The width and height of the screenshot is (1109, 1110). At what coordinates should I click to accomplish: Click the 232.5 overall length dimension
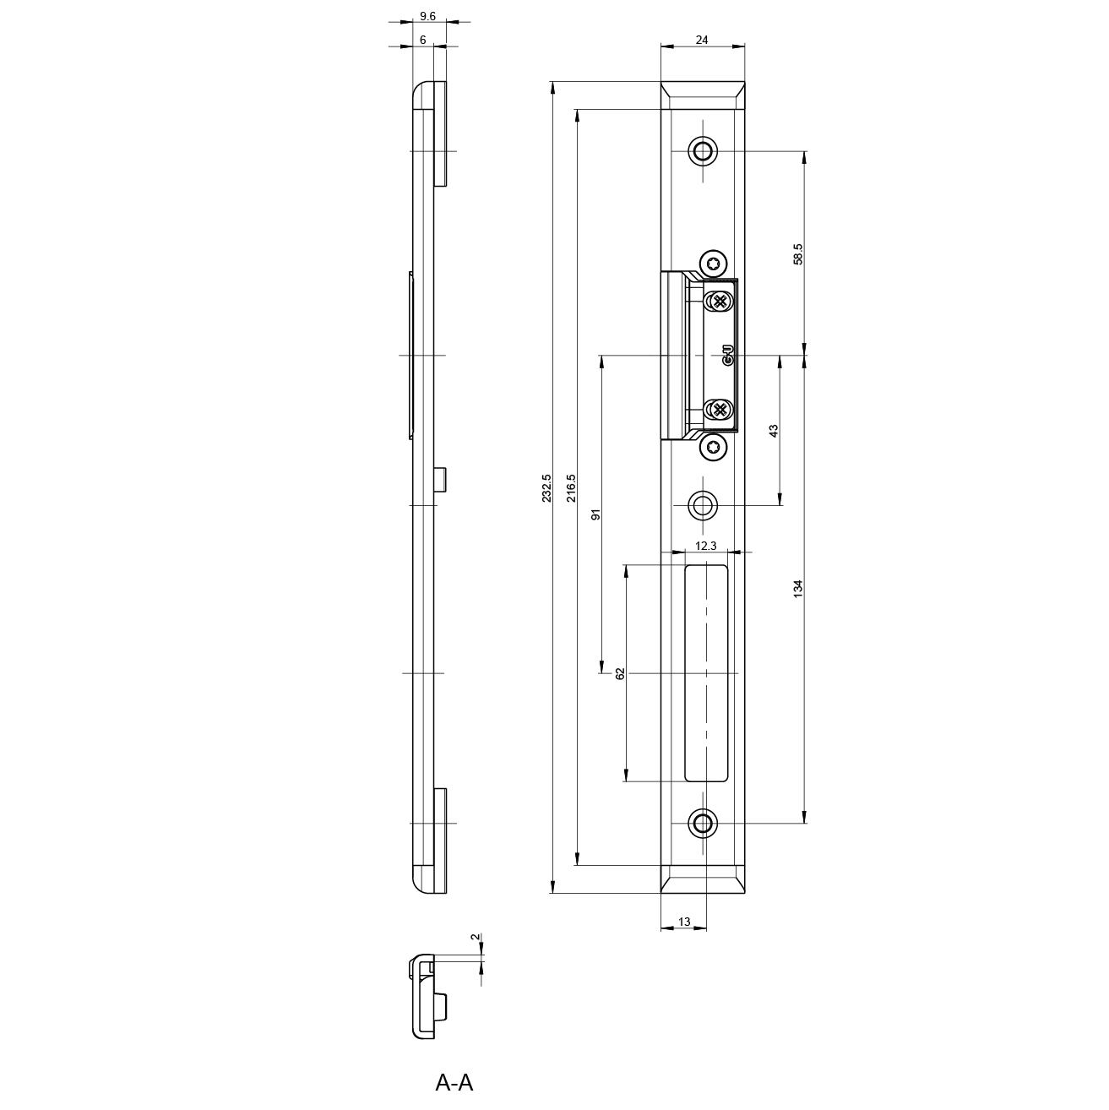click(546, 488)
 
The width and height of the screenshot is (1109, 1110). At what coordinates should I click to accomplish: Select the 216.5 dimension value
click(571, 488)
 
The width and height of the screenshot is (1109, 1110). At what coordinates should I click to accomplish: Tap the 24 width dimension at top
click(702, 40)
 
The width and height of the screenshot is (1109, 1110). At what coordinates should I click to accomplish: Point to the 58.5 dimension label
click(798, 254)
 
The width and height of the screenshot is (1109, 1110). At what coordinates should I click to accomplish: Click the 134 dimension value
click(798, 589)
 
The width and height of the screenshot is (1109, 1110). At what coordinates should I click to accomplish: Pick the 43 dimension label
click(774, 431)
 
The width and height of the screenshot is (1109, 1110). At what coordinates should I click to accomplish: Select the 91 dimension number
click(596, 514)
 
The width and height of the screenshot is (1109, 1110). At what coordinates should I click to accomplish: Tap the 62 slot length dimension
click(620, 673)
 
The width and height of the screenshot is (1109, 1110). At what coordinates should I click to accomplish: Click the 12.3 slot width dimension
click(706, 546)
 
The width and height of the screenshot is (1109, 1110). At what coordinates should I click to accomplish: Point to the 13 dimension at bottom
click(684, 922)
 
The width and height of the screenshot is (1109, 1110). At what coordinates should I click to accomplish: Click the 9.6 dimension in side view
click(427, 16)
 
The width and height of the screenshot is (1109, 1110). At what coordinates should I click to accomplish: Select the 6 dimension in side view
click(423, 40)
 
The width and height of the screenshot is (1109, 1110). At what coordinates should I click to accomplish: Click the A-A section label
click(454, 1082)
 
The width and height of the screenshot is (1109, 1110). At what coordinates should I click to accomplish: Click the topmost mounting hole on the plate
click(703, 151)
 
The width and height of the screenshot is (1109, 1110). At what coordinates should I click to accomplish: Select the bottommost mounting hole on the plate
click(703, 823)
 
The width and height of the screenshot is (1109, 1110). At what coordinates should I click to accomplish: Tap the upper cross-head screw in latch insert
click(719, 302)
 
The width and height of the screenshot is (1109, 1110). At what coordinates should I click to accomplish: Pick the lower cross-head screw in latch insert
click(719, 410)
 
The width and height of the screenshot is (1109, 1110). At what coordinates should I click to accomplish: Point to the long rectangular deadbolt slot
click(706, 673)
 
